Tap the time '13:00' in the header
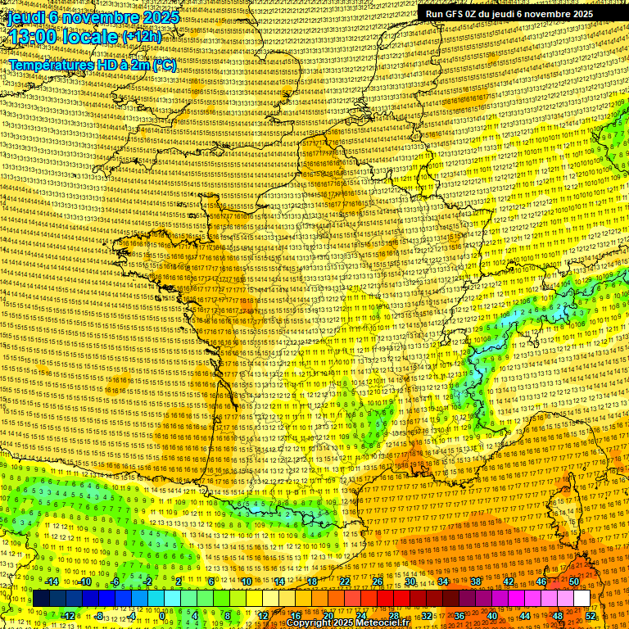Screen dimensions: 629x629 34,37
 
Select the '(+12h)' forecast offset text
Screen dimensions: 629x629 143,37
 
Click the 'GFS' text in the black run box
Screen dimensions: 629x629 455,14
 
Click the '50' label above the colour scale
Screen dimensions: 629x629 574,581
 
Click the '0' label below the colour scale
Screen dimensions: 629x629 162,616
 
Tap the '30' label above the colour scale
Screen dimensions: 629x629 410,581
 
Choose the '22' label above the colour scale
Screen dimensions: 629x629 345,581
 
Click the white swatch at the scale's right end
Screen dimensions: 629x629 581,599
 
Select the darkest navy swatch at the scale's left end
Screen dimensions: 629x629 41,599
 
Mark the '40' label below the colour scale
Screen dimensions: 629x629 492,616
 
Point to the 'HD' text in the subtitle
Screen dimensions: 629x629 104,65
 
